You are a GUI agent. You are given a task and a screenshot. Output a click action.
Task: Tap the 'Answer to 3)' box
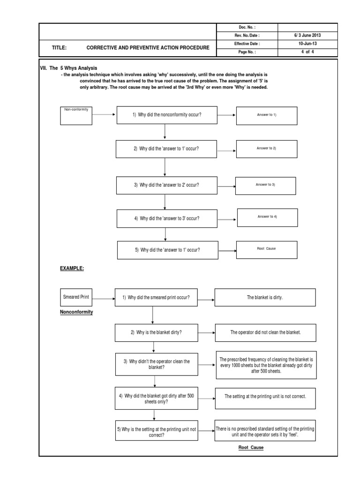click(265, 185)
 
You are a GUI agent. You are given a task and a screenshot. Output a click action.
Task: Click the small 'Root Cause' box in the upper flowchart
click(267, 249)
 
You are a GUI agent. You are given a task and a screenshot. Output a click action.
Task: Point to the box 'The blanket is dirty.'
click(265, 297)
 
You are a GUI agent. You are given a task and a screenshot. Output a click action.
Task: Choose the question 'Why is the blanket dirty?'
click(157, 332)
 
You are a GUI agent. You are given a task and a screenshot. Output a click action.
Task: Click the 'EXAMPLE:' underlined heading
click(71, 269)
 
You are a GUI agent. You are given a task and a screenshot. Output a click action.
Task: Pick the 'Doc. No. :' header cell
click(247, 27)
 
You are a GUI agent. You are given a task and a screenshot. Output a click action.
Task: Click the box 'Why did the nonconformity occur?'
click(167, 115)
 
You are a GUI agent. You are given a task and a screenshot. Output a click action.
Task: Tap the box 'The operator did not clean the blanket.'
click(265, 332)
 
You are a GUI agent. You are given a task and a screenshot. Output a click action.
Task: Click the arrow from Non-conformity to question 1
click(105, 114)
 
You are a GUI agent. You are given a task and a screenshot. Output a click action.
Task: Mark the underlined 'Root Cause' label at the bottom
click(251, 448)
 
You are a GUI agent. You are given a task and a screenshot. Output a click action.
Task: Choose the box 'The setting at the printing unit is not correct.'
click(265, 397)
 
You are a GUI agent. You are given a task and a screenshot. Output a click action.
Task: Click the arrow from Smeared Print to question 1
click(104, 297)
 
